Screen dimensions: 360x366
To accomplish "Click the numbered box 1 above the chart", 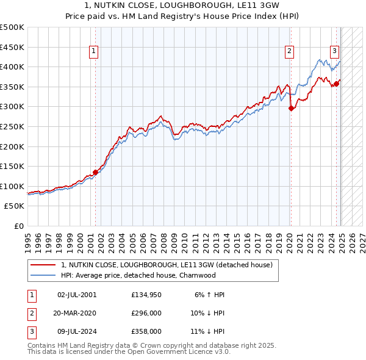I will tap(94, 52).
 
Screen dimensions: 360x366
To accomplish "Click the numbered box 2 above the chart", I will tap(289, 52).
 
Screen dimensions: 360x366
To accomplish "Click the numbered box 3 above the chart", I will tap(335, 52).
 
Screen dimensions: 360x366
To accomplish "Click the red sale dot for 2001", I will tap(95, 172).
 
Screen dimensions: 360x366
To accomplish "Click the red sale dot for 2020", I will tap(291, 109).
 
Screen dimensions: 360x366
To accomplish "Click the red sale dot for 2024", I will tap(336, 84).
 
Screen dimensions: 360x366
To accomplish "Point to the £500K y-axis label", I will tap(12, 27).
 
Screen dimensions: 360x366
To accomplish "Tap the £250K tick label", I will tap(12, 126).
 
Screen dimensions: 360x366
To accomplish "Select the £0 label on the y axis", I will tap(18, 226).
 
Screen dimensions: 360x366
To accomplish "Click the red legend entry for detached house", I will tap(170, 265).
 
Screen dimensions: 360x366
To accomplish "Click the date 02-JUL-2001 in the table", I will tap(77, 295).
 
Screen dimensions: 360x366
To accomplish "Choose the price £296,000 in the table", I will tap(146, 314).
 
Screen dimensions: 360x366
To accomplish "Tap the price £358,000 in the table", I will tap(146, 331).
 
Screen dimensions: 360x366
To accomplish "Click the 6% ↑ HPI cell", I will tap(210, 295).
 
